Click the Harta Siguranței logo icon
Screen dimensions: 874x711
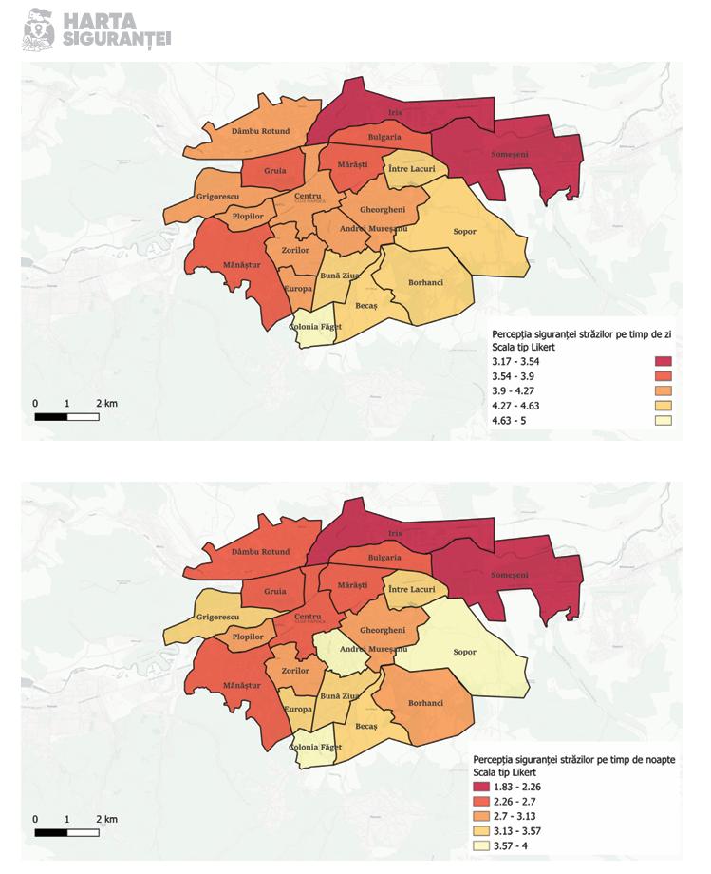38,28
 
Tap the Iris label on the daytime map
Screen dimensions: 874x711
396,112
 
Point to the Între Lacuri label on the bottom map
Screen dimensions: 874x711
412,589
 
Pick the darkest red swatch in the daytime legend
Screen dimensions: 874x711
663,361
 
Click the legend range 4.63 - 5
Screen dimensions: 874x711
513,420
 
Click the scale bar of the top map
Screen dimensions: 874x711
66,415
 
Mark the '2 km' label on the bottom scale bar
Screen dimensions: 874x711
106,818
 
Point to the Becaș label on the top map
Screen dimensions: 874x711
366,304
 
